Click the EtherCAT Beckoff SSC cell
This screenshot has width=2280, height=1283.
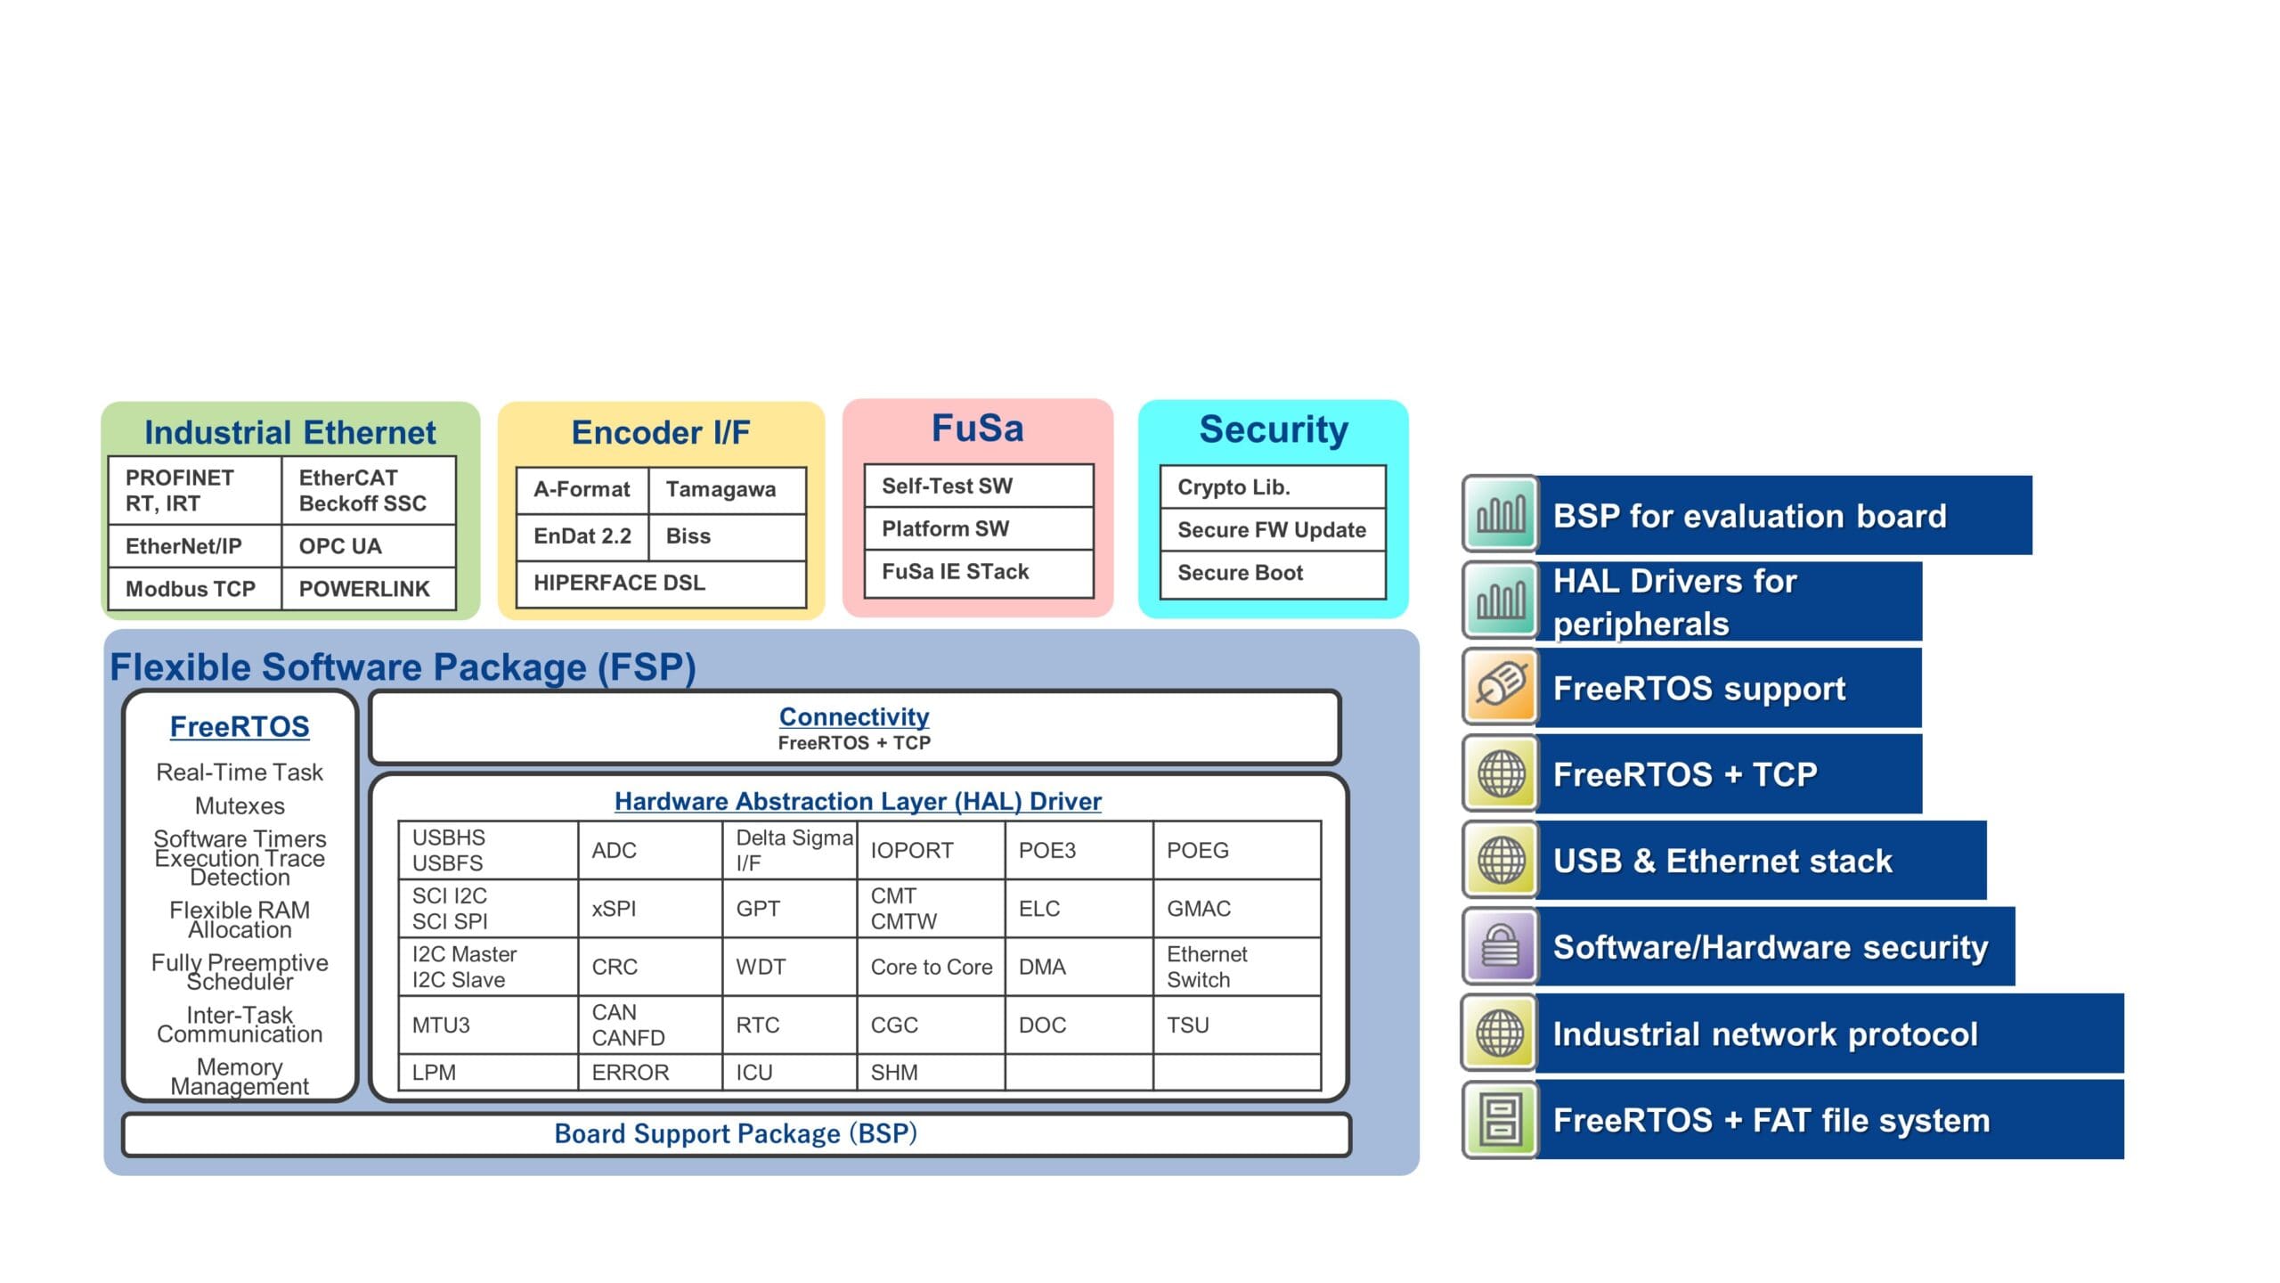point(367,490)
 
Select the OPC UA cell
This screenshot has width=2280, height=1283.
point(367,546)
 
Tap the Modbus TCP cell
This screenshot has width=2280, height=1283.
point(193,589)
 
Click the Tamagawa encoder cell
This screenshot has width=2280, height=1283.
point(726,489)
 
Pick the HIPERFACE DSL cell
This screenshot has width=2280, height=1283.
point(660,583)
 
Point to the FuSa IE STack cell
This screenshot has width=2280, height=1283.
point(978,572)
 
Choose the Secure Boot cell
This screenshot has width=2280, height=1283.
point(1272,573)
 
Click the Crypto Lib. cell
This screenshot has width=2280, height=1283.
point(1272,487)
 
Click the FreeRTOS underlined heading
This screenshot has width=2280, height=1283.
point(240,727)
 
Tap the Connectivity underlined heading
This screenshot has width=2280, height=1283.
point(853,717)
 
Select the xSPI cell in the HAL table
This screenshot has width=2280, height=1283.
point(649,909)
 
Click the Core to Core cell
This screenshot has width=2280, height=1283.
point(931,967)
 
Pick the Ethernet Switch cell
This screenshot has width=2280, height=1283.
point(1235,967)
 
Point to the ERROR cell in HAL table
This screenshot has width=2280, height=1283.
point(649,1073)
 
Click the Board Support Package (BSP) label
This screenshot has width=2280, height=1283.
point(735,1134)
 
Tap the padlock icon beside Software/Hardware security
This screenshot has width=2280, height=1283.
point(1501,947)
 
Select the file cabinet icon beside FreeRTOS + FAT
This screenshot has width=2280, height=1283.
point(1501,1120)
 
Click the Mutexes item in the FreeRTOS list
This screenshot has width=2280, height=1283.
point(240,806)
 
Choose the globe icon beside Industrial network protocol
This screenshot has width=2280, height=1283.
point(1501,1034)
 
